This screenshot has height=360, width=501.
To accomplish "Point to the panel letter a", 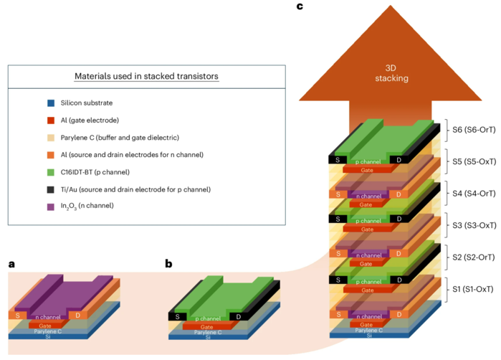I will pyautogui.click(x=11, y=264).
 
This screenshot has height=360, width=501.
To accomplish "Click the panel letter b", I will pyautogui.click(x=168, y=264).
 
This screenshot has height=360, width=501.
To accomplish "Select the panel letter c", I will pyautogui.click(x=299, y=6).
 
